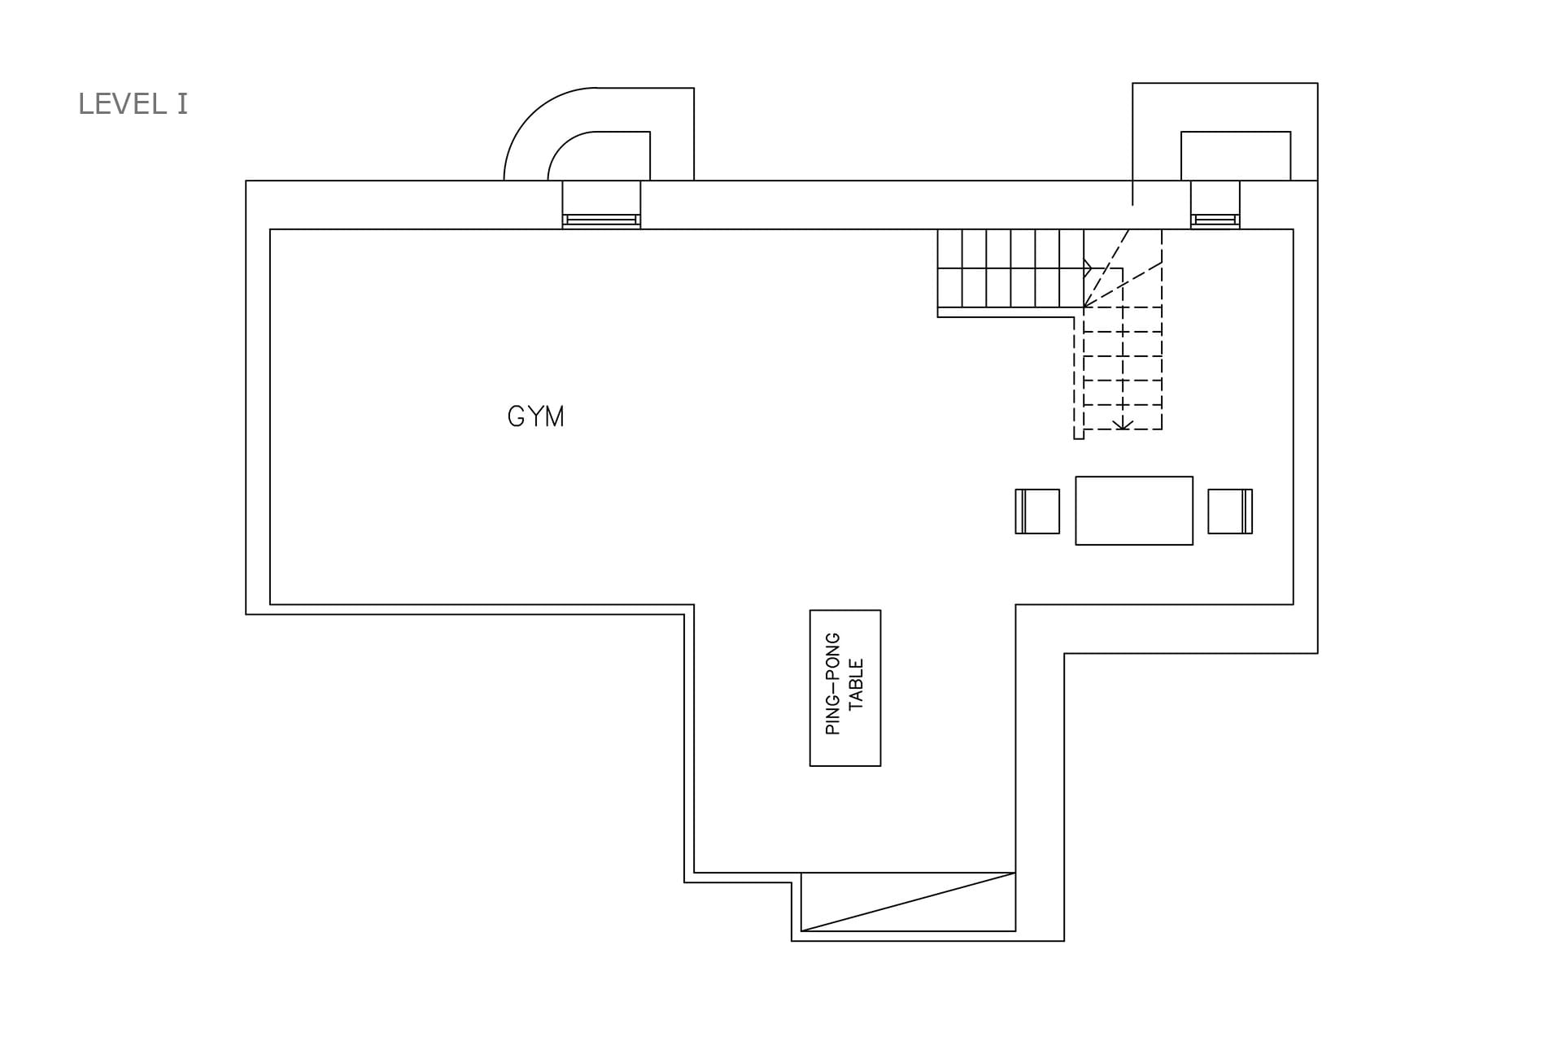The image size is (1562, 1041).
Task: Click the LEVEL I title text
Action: point(133,104)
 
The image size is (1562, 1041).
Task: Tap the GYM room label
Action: point(535,416)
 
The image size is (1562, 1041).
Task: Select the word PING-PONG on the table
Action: point(833,683)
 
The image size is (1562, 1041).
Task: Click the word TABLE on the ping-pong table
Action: point(857,684)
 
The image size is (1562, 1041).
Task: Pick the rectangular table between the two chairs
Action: point(1134,511)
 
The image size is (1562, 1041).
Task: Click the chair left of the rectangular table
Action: point(1037,512)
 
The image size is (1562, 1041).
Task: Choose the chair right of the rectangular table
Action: point(1230,512)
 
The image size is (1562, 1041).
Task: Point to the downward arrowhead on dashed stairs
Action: point(1123,424)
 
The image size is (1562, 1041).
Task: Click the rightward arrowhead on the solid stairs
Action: point(1088,268)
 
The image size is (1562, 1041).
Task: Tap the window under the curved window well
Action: point(601,220)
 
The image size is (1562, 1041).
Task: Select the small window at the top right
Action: point(1215,220)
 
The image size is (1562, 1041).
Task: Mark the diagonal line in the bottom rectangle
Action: point(908,902)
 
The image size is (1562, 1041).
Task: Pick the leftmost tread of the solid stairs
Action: point(949,268)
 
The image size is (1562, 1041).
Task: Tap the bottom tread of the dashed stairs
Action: point(1123,417)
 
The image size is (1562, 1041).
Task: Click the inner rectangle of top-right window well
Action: point(1236,132)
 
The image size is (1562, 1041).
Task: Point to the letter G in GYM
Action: point(516,416)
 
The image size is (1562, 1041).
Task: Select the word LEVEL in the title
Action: point(121,104)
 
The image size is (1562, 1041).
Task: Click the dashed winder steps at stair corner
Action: point(1123,268)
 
